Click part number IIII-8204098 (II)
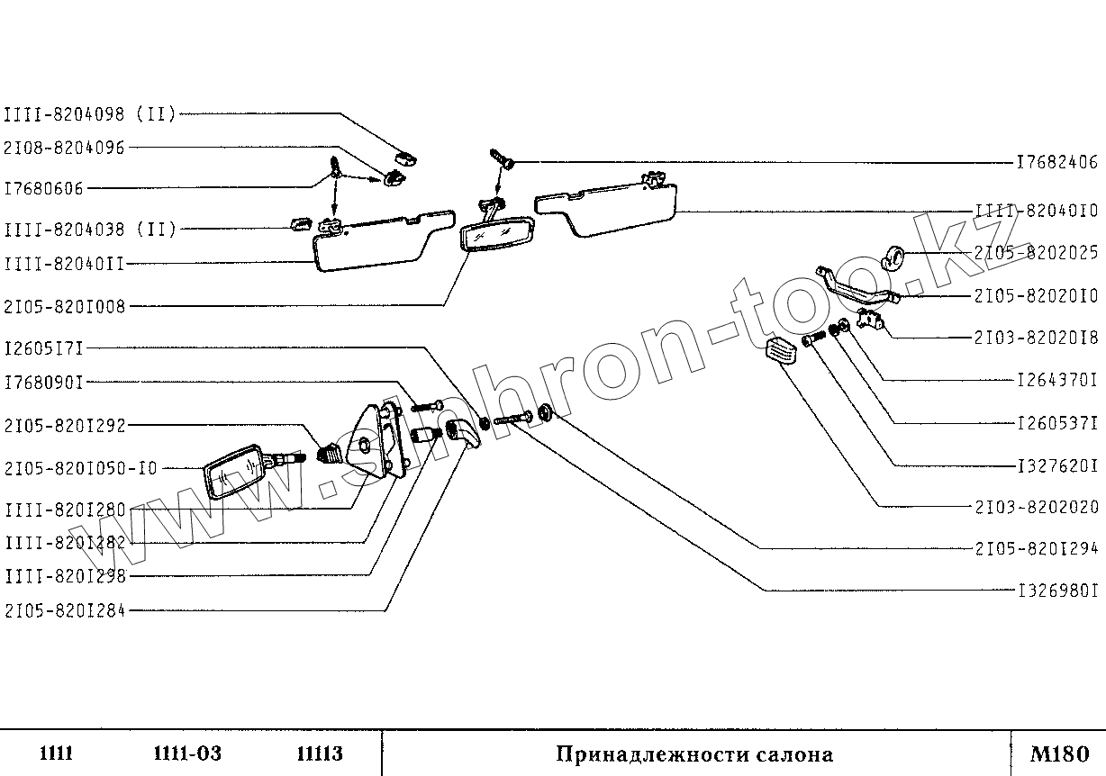(x=90, y=113)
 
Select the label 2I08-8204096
(x=64, y=148)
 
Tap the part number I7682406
(x=1056, y=163)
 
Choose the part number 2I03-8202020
(x=1036, y=507)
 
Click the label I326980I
(x=1056, y=591)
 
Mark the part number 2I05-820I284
(x=64, y=611)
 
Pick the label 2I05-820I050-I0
(x=80, y=468)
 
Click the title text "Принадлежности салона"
(x=694, y=753)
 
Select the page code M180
(x=1060, y=753)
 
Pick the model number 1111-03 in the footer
(x=187, y=753)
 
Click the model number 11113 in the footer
(x=319, y=753)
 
